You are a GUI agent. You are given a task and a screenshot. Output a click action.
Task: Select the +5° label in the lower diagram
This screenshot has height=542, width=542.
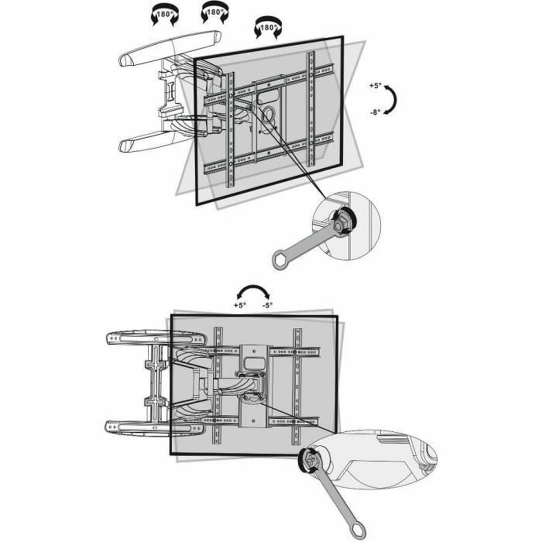[240, 305]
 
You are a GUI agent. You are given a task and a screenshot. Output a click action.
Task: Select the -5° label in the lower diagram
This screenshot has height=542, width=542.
[267, 305]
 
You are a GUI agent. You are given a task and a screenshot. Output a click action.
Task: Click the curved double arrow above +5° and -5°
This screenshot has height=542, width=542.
[254, 291]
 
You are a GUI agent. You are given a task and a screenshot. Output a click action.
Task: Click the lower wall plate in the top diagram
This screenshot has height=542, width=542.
[149, 141]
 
